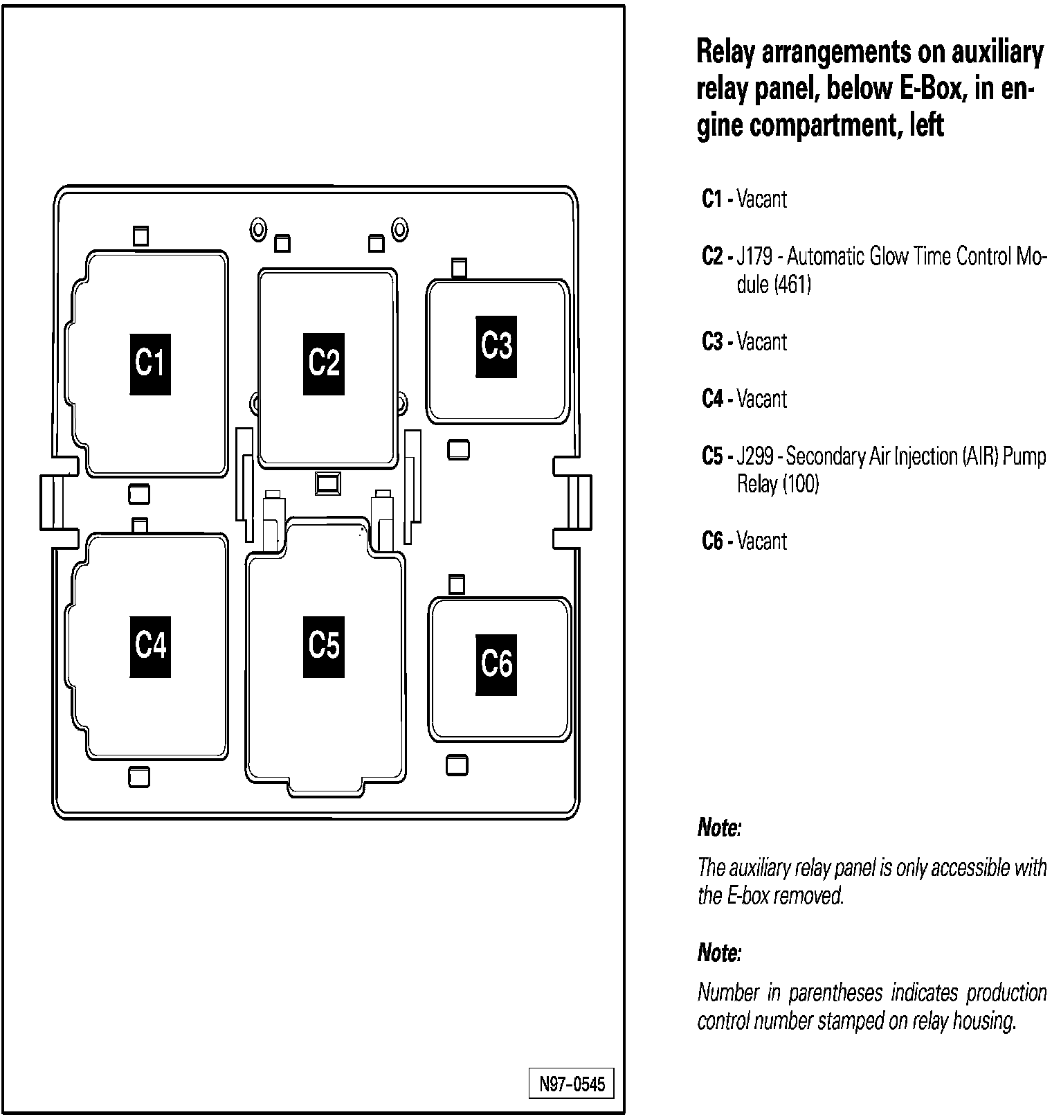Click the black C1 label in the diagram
[x=150, y=364]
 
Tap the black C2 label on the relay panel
[x=323, y=364]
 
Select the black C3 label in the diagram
[x=496, y=346]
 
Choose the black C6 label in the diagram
[x=496, y=665]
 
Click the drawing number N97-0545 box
[x=572, y=1084]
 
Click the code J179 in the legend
[x=754, y=257]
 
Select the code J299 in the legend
[x=754, y=456]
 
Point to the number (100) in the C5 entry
[x=801, y=484]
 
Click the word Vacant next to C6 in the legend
[x=762, y=541]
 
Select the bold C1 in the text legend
[x=712, y=199]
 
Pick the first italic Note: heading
[x=719, y=827]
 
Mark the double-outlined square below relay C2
[x=327, y=483]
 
